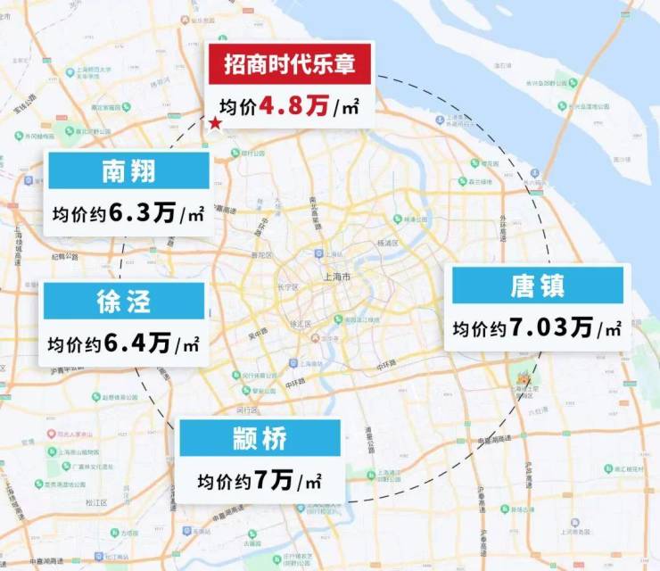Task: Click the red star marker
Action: (x=215, y=124)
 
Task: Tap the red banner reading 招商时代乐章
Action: (x=287, y=64)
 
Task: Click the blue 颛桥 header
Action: (x=260, y=439)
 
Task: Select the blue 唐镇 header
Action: (x=538, y=285)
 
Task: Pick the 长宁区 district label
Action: (x=286, y=286)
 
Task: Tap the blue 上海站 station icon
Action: (x=318, y=252)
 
